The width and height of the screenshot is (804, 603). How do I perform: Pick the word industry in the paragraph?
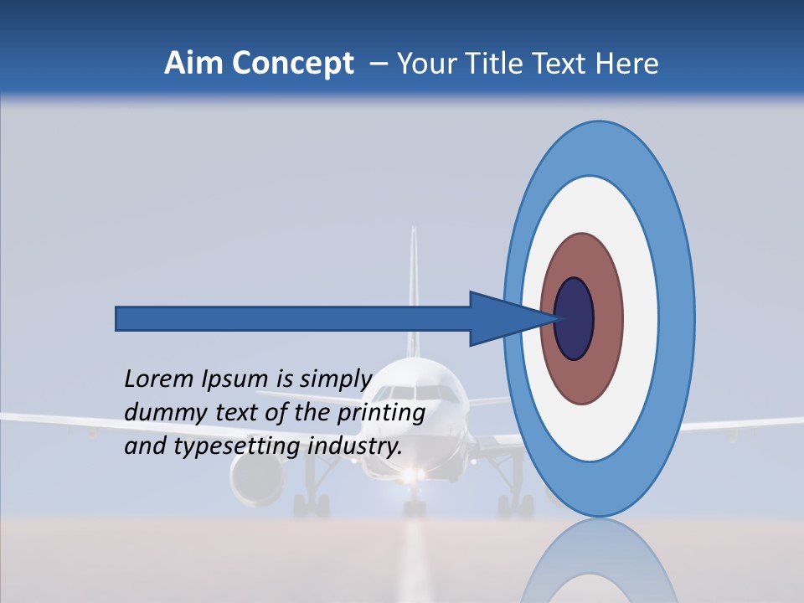click(x=354, y=446)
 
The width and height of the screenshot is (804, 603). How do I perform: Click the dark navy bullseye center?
click(x=575, y=318)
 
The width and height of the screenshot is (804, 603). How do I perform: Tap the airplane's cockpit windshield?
click(x=416, y=391)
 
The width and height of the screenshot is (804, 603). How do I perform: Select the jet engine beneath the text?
click(x=255, y=481)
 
